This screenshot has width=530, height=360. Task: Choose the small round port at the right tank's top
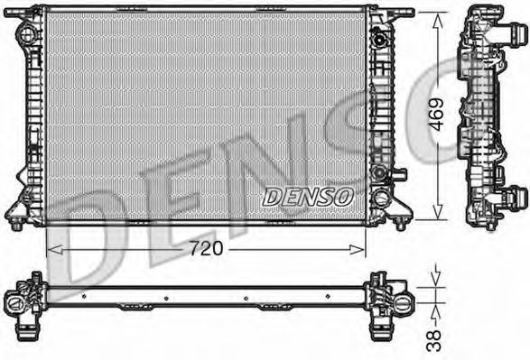380,38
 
